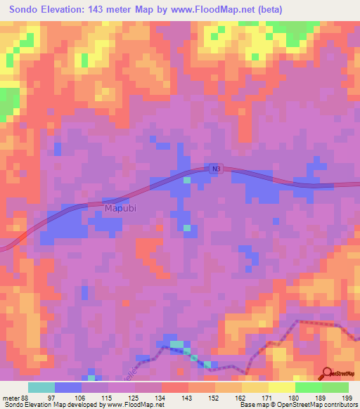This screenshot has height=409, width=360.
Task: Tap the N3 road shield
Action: pos(215,169)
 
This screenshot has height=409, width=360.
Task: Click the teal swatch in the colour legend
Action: pos(41,388)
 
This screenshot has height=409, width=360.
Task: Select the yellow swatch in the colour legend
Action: pos(281,388)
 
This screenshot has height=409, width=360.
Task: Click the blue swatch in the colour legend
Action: pos(68,388)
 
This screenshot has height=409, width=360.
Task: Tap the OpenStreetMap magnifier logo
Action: pos(326,374)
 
